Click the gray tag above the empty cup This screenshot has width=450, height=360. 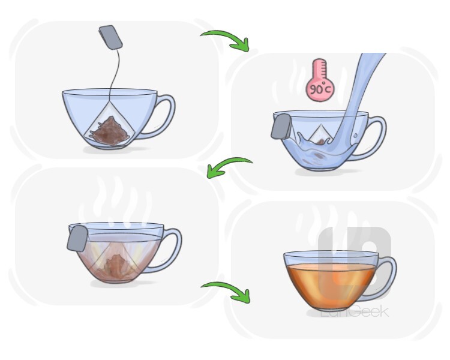pos(111,37)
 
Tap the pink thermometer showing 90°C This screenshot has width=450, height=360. pos(320,80)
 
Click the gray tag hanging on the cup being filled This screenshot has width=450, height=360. pos(281,127)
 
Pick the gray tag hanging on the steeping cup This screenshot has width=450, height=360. pos(77,238)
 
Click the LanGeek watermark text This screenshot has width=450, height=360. pos(355,311)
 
